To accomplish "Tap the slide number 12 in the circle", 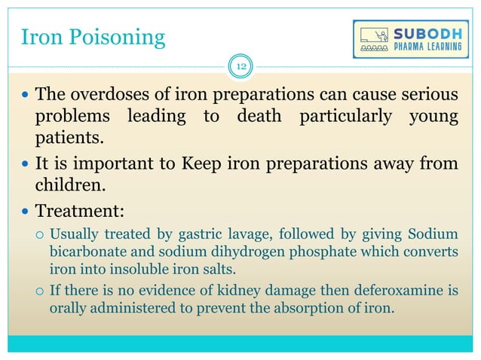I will click(241, 68).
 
